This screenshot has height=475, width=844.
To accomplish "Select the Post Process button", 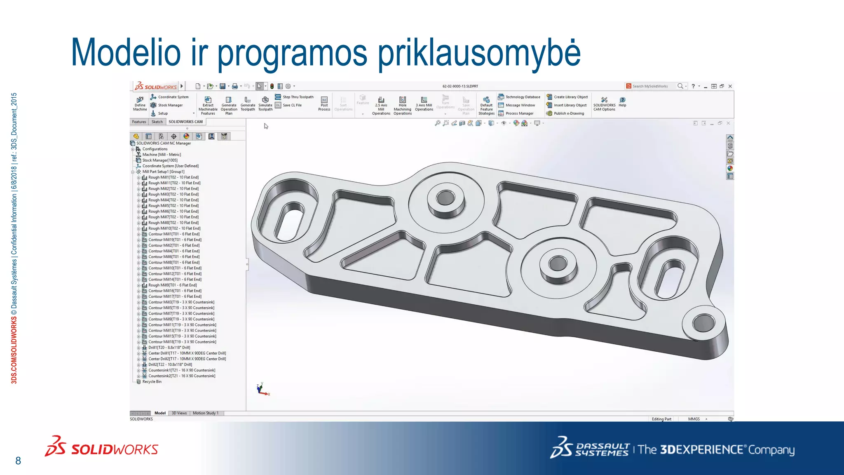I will click(x=324, y=104).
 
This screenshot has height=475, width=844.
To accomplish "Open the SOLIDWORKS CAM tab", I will click(x=185, y=122).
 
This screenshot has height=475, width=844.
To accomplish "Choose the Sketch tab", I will click(x=157, y=122).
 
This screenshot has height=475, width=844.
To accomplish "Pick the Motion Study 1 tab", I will click(x=205, y=413).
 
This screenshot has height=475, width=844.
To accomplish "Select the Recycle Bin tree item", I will click(x=152, y=382).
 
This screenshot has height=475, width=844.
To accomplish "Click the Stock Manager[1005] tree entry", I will click(x=160, y=160).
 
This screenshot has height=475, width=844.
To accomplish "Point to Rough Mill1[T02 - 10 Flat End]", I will click(x=173, y=177).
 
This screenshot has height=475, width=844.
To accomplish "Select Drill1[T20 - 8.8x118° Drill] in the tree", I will click(x=169, y=348).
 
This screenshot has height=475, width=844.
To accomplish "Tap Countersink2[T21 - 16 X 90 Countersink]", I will click(x=182, y=376).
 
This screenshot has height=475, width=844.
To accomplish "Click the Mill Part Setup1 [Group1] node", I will click(x=163, y=172).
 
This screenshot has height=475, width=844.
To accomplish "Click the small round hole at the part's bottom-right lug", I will click(x=703, y=323).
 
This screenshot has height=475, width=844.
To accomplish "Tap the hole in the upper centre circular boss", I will click(x=445, y=198).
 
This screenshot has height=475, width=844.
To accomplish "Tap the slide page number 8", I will click(x=18, y=461).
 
